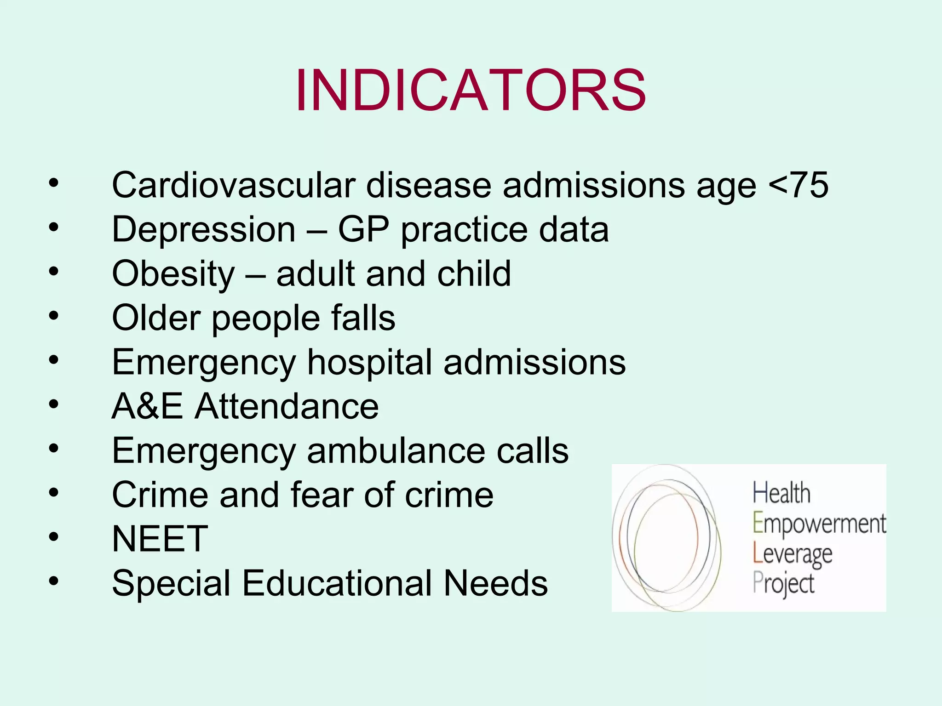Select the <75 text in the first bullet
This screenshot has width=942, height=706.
(798, 185)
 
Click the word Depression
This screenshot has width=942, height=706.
(203, 229)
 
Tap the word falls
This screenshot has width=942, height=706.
(363, 318)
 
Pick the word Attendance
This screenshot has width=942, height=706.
(287, 406)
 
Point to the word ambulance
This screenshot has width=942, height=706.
(396, 450)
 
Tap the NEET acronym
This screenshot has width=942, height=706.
(160, 539)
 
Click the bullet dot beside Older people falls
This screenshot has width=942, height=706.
(54, 316)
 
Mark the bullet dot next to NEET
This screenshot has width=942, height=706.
(54, 536)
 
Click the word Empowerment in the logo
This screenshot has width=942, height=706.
(819, 524)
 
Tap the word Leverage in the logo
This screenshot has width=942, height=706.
(792, 554)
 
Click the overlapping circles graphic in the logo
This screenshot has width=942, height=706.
(666, 538)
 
